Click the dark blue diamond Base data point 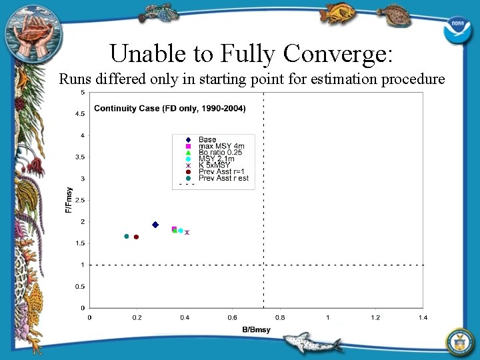click(x=155, y=225)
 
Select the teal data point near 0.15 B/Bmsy click(x=126, y=236)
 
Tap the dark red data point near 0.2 click(x=136, y=237)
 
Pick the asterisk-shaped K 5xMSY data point click(x=187, y=232)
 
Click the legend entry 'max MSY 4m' click(x=221, y=146)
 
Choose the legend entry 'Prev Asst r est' click(x=223, y=178)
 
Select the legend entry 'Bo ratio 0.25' click(x=219, y=153)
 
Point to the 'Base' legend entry click(x=207, y=139)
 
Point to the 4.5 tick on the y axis click(x=80, y=114)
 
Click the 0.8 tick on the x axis click(x=280, y=317)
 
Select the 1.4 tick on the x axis click(x=423, y=317)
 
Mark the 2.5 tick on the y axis click(x=80, y=200)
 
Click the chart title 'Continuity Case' click(x=169, y=109)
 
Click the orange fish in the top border click(x=337, y=12)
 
